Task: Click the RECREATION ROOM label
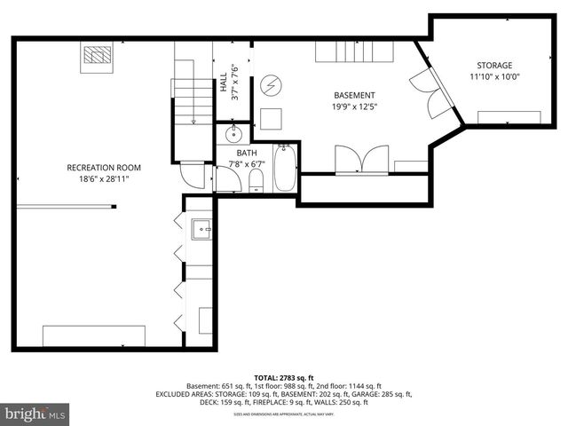point(104,168)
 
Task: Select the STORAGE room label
point(494,66)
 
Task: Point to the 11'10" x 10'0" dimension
point(494,77)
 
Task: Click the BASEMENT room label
point(354,95)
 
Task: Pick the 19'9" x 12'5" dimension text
point(354,106)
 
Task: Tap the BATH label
point(248,153)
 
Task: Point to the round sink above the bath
point(233,135)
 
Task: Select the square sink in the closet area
point(201,229)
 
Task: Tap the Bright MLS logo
point(35,414)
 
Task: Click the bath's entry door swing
point(226,180)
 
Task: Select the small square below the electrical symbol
point(271,118)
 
